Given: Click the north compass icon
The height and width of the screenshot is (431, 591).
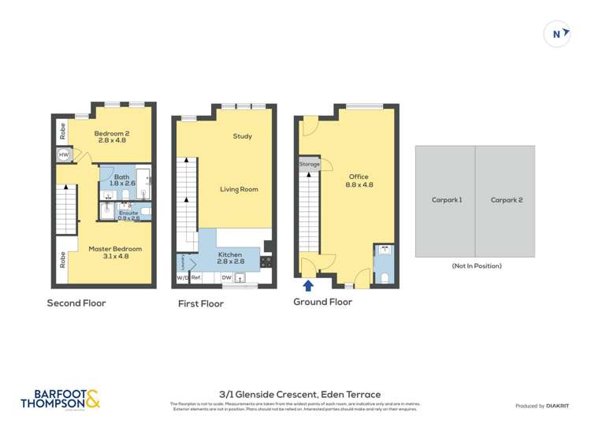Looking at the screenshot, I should coord(557,33).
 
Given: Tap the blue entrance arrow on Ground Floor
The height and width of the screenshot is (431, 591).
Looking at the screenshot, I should coord(308,286).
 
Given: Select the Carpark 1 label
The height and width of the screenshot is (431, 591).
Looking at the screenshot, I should coord(447,200).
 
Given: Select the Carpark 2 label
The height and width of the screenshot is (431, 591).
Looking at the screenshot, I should coord(506,200).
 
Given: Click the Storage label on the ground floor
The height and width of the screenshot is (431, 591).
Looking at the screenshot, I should coord(310,164).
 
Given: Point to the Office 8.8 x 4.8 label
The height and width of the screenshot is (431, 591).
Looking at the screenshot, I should coord(358,181).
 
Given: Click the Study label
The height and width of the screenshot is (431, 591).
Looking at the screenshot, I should coord(242,136).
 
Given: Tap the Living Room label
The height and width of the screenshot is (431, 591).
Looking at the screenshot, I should coord(239,189).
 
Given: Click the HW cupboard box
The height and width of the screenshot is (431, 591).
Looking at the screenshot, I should coord(64,155).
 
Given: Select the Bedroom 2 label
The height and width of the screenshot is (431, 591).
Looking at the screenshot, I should coord(112,137).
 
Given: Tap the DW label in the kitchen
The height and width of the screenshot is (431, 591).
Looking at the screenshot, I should coord(226,277).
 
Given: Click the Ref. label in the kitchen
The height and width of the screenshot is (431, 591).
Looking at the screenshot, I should coord(197,277).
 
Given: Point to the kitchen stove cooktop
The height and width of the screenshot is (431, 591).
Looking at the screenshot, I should coord(266,261).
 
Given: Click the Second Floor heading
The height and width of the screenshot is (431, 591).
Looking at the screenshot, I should coord(76,303).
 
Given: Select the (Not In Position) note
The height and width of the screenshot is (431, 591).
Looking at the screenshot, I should coord(476,266).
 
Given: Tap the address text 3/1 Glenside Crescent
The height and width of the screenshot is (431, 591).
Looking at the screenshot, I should coord(299,394).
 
